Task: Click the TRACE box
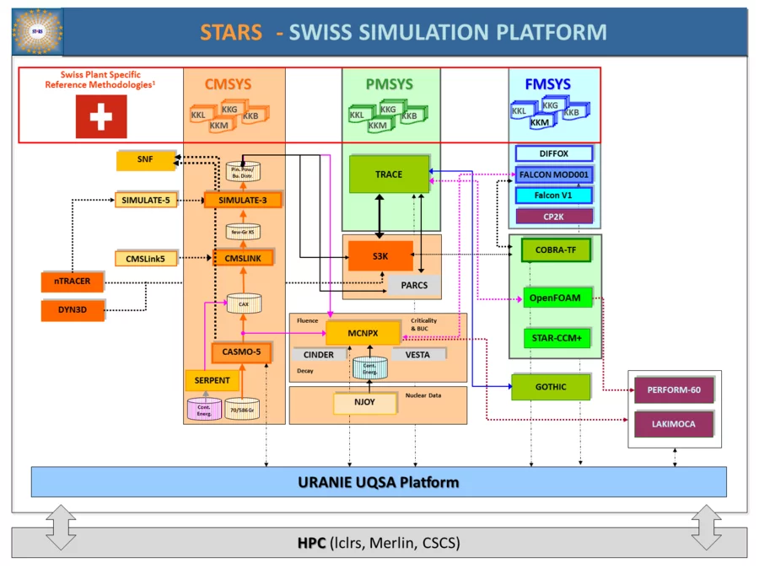point(389,174)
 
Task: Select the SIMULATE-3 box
point(242,200)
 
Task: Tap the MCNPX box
point(362,334)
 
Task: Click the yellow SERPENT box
point(212,380)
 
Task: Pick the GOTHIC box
point(550,387)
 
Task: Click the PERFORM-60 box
point(673,390)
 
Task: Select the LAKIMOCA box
point(673,424)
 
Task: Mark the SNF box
point(145,158)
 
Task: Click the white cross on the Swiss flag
point(101,117)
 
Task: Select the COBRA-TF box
point(555,250)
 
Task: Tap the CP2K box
point(554,217)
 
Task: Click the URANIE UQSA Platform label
point(378,482)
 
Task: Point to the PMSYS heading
point(390,84)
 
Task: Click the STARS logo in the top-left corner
point(37,33)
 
